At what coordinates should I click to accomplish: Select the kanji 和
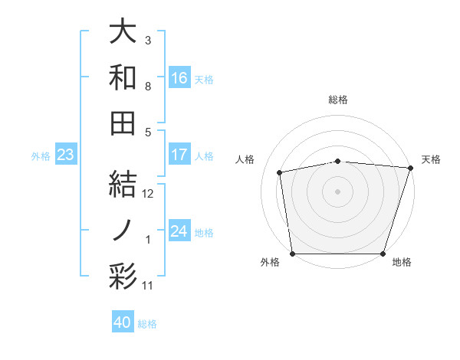[x=123, y=77]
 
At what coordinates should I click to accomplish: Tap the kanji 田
[x=123, y=123]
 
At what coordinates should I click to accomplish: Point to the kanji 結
[x=123, y=185]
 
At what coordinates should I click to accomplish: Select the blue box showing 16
[x=179, y=77]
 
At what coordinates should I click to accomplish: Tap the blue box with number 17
[x=179, y=155]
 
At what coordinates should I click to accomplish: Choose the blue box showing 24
[x=179, y=231]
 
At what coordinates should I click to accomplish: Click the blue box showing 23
[x=66, y=155]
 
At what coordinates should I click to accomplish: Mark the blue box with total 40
[x=123, y=322]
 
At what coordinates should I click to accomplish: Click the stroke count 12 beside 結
[x=149, y=194]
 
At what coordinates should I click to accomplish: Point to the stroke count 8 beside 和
[x=149, y=87]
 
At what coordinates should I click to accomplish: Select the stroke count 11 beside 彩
[x=149, y=286]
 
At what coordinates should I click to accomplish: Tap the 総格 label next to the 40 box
[x=147, y=324]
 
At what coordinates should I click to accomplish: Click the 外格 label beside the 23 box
[x=41, y=156]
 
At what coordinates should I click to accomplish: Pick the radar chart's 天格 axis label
[x=431, y=159]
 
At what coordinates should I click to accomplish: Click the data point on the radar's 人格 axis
[x=281, y=172]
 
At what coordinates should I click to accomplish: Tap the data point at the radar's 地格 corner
[x=383, y=254]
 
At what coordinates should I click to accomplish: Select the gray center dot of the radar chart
[x=337, y=191]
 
